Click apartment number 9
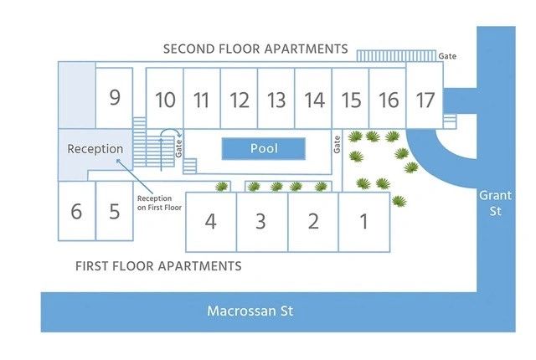pyautogui.click(x=115, y=97)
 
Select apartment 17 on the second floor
pyautogui.click(x=425, y=100)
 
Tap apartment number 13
pyautogui.click(x=276, y=100)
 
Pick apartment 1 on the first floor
pyautogui.click(x=363, y=222)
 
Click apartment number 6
pyautogui.click(x=76, y=211)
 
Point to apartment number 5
pyautogui.click(x=115, y=211)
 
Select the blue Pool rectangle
pyautogui.click(x=264, y=149)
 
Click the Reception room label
pyautogui.click(x=95, y=149)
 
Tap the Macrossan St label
pyautogui.click(x=251, y=311)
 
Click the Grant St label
pyautogui.click(x=490, y=203)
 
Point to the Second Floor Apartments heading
pyautogui.click(x=255, y=49)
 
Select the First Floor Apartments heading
pyautogui.click(x=158, y=266)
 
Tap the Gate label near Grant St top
pyautogui.click(x=447, y=55)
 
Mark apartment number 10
pyautogui.click(x=165, y=100)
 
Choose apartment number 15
pyautogui.click(x=351, y=100)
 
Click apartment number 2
pyautogui.click(x=313, y=222)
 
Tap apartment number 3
pyautogui.click(x=260, y=222)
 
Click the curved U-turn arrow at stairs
pyautogui.click(x=170, y=135)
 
